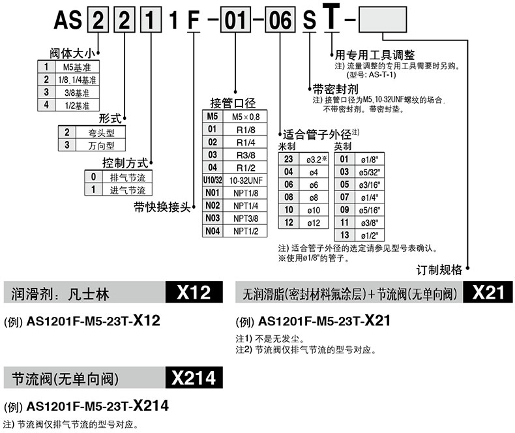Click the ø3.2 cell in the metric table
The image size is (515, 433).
309,158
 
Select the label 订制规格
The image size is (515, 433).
439,269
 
